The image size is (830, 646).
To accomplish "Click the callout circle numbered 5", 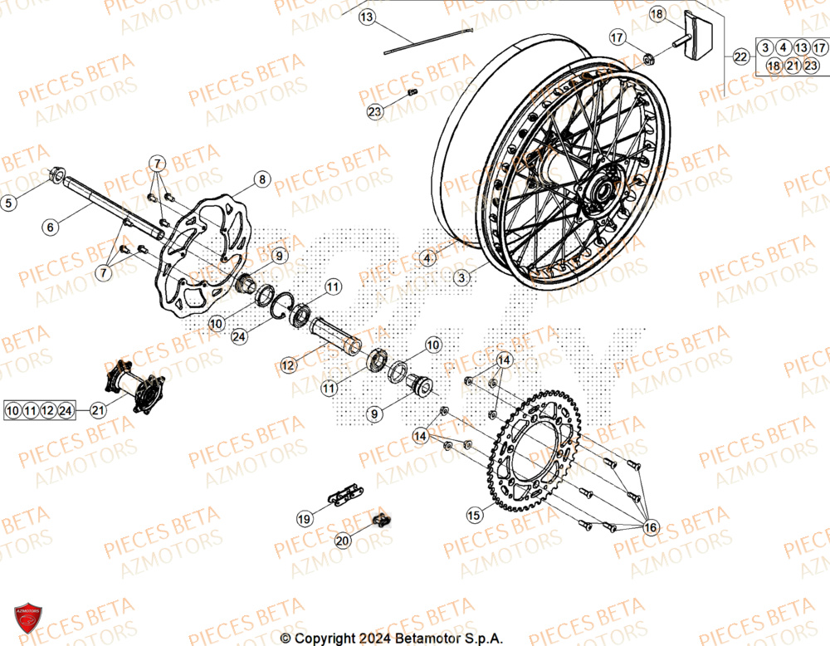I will pyautogui.click(x=9, y=202).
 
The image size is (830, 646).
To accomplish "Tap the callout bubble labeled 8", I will pyautogui.click(x=261, y=179).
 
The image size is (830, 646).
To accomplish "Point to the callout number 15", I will pyautogui.click(x=474, y=516).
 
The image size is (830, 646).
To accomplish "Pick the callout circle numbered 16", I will pyautogui.click(x=650, y=527).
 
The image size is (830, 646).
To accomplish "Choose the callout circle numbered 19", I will pyautogui.click(x=305, y=518).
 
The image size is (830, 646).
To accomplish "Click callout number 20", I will pyautogui.click(x=344, y=541).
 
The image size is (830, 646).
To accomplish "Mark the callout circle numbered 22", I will pyautogui.click(x=740, y=56).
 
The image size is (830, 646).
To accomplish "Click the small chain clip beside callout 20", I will pyautogui.click(x=383, y=521).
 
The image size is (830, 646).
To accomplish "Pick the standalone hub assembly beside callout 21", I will pyautogui.click(x=133, y=387).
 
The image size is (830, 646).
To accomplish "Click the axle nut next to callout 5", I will pyautogui.click(x=59, y=175).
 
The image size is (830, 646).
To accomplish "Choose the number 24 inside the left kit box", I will pyautogui.click(x=68, y=409).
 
